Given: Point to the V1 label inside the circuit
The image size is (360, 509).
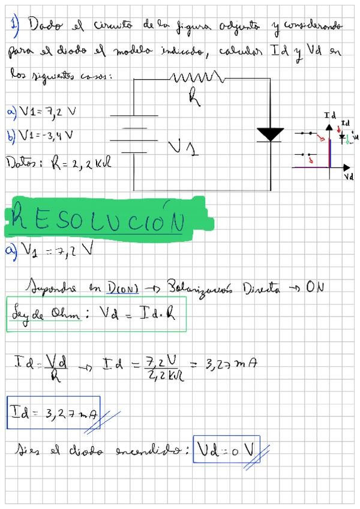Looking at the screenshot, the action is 183,145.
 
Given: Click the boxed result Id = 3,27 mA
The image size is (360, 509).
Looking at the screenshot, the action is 53,412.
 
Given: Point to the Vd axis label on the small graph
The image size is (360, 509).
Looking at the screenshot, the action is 349,178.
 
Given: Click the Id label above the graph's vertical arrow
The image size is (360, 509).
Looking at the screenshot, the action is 329,115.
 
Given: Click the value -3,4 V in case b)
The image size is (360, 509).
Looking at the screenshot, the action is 55,134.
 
